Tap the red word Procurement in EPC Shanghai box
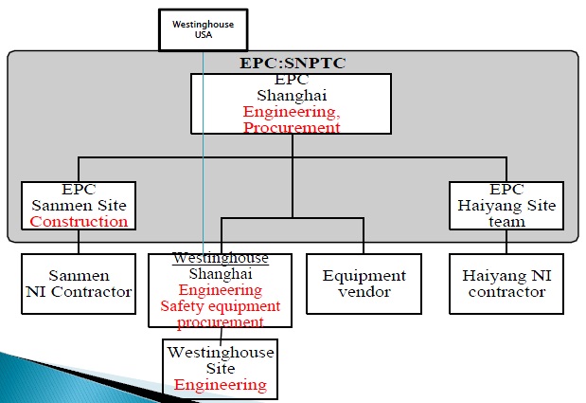click(x=292, y=127)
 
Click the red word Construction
click(x=79, y=222)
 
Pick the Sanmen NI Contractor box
click(x=79, y=284)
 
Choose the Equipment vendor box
click(x=364, y=284)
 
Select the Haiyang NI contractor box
click(x=505, y=284)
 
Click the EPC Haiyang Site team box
click(x=505, y=206)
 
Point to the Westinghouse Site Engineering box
click(x=221, y=368)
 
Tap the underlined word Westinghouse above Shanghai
click(x=221, y=258)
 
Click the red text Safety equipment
click(x=221, y=306)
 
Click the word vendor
click(x=364, y=292)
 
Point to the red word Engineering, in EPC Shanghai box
click(x=292, y=111)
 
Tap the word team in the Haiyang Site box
click(x=505, y=222)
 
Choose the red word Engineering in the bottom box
click(x=221, y=385)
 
